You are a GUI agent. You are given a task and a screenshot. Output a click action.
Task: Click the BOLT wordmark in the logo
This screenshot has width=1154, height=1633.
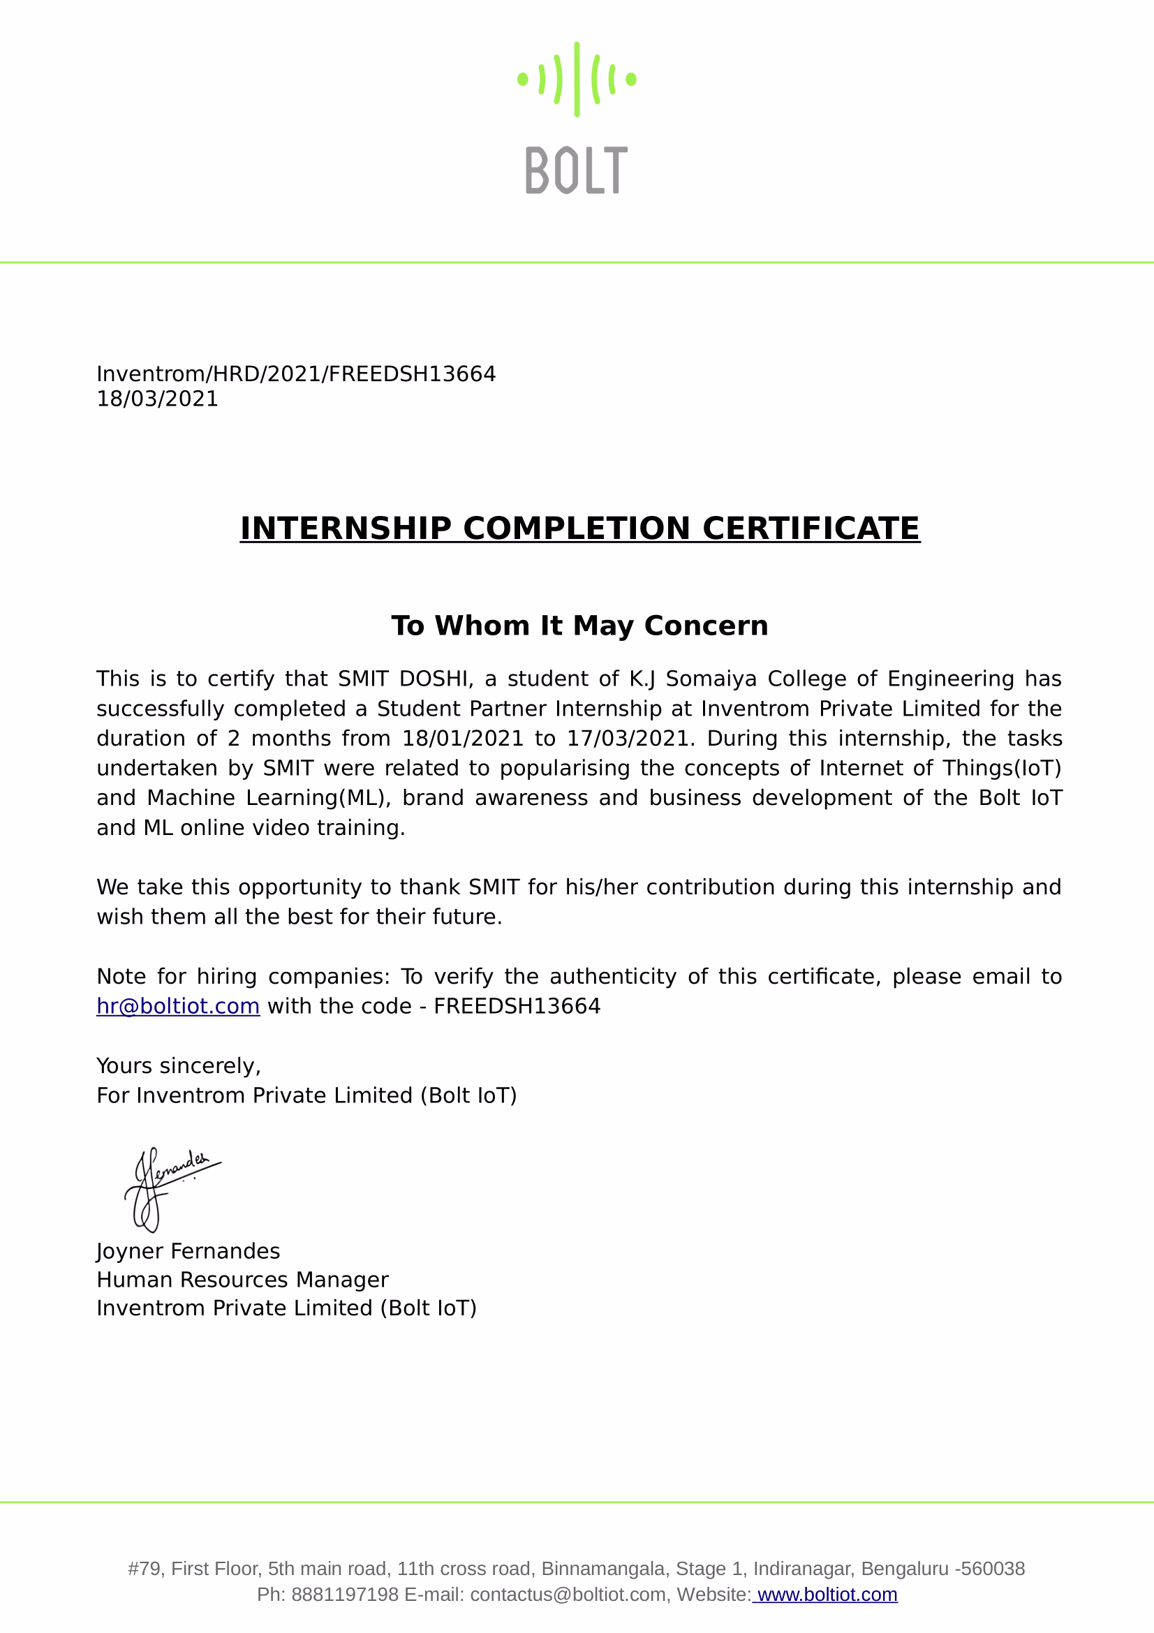[x=576, y=170]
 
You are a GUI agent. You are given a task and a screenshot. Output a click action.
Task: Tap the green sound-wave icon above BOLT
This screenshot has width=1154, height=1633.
[x=576, y=79]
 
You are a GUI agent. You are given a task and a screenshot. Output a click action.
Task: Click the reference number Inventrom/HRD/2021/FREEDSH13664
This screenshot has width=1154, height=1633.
[x=296, y=374]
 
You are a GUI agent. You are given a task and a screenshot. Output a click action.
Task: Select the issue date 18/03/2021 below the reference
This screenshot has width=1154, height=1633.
[x=157, y=399]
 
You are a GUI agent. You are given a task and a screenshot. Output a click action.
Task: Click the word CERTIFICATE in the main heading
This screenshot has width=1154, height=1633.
[x=811, y=529]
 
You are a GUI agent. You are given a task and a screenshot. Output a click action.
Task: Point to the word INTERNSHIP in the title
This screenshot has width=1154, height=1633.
[x=346, y=529]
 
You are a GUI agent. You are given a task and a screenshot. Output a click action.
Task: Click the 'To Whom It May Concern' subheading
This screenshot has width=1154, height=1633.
[x=579, y=626]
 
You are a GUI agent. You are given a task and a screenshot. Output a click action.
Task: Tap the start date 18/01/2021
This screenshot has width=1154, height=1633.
[x=462, y=738]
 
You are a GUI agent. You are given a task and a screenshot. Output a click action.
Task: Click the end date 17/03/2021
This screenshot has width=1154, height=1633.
[x=627, y=738]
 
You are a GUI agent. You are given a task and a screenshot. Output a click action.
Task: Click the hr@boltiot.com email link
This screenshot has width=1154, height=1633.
[x=178, y=1007]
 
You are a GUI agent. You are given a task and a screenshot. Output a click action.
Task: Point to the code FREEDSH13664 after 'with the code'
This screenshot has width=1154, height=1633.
[x=517, y=1007]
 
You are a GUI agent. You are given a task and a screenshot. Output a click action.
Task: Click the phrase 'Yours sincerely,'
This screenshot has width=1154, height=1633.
[x=179, y=1065]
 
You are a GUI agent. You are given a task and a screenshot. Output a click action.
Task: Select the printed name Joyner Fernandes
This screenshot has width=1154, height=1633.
[x=188, y=1251]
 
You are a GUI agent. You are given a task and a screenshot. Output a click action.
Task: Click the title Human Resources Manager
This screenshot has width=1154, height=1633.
[x=242, y=1280]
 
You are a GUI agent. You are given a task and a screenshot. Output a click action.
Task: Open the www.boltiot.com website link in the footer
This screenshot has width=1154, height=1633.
[x=827, y=1595]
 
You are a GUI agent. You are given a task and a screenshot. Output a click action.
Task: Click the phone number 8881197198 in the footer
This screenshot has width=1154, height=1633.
[x=345, y=1595]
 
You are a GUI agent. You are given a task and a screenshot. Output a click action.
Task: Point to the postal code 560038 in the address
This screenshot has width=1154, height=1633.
[x=994, y=1569]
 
